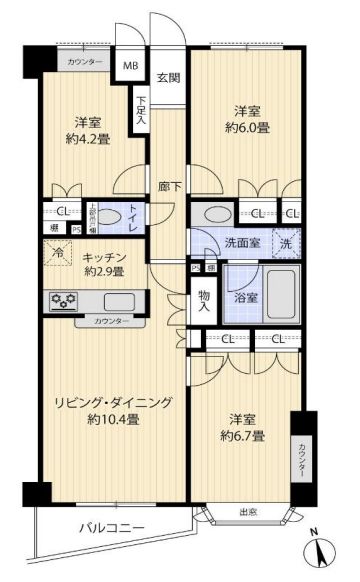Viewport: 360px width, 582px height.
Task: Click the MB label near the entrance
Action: point(131,66)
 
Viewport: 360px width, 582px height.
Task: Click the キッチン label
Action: point(103,256)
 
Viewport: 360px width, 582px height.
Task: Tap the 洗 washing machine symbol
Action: point(286,242)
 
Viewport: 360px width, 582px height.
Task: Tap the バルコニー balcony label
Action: point(111,528)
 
